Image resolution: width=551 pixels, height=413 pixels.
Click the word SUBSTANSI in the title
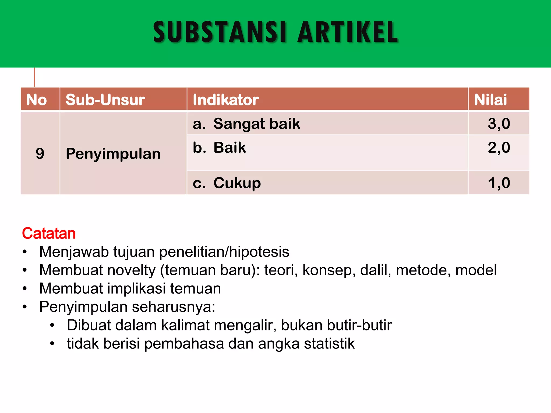220,32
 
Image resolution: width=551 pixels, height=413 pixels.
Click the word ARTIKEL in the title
348,32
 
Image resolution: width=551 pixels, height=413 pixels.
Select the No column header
37,100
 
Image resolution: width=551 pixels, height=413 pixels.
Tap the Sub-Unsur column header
105,100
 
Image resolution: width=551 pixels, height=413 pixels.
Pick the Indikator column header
226,100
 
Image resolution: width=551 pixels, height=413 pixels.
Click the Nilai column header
490,100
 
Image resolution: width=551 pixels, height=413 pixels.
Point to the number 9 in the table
40,154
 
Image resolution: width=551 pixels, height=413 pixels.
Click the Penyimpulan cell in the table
113,154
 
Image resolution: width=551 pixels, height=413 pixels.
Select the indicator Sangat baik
256,124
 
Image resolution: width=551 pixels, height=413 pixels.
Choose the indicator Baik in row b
229,148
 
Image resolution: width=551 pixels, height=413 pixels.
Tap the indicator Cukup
237,183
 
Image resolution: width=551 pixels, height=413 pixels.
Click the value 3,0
499,124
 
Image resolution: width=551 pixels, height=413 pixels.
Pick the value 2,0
499,148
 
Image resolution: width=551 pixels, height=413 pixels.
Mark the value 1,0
499,183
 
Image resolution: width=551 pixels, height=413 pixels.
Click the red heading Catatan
49,233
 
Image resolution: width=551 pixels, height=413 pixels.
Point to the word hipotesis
259,252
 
